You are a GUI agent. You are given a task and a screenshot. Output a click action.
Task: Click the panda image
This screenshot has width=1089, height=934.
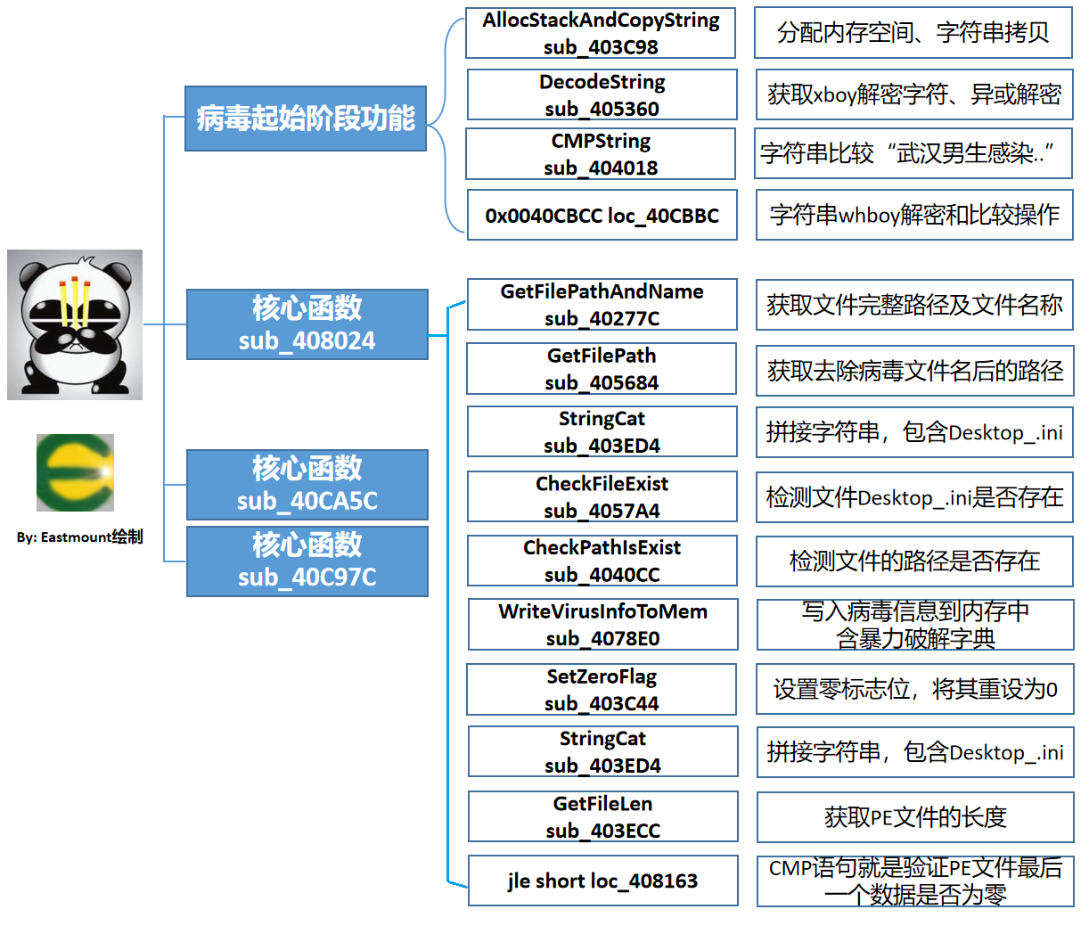pos(75,324)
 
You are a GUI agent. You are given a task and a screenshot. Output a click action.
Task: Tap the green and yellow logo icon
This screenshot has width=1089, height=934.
pos(75,472)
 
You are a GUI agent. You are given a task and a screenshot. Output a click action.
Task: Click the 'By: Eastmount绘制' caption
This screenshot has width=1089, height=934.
pos(79,537)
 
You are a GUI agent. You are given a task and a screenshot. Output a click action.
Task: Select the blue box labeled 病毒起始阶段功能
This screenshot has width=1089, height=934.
pos(306,119)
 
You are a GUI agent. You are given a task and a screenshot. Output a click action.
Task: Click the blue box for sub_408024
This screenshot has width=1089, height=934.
pos(307,324)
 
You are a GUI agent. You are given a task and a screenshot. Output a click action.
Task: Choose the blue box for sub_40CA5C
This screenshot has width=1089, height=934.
pos(307,485)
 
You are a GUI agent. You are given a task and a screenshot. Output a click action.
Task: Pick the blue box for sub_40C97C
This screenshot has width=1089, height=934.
pos(307,561)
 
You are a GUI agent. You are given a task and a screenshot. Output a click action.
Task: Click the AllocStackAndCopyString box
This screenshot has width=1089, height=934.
pos(601,33)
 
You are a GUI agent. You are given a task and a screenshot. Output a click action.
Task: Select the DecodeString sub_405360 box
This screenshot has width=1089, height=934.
pos(602,94)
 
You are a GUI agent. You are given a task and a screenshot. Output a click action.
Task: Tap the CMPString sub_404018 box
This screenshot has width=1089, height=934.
pos(601,154)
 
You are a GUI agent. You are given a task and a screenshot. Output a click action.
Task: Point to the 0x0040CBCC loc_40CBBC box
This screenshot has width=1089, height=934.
pos(602,215)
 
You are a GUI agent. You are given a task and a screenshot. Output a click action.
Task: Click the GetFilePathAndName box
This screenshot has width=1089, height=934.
pos(602,305)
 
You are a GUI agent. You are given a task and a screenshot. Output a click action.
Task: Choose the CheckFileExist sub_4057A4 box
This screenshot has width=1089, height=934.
pos(602,496)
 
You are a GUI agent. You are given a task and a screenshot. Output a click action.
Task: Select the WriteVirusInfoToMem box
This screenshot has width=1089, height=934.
pos(603,624)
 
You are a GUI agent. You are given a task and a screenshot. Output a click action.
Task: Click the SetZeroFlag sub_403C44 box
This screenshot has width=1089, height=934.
pos(602,689)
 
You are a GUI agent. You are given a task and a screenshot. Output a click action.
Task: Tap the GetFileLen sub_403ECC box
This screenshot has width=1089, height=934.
pos(603,816)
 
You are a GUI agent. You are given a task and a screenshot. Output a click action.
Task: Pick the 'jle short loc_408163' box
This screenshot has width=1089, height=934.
pos(603,881)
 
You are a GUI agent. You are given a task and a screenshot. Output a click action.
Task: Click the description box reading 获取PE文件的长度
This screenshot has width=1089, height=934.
pos(915,817)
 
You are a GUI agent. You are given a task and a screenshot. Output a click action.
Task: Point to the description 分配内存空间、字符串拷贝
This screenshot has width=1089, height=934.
pos(913,33)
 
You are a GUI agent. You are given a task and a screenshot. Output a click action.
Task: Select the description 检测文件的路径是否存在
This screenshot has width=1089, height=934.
pos(915,561)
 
